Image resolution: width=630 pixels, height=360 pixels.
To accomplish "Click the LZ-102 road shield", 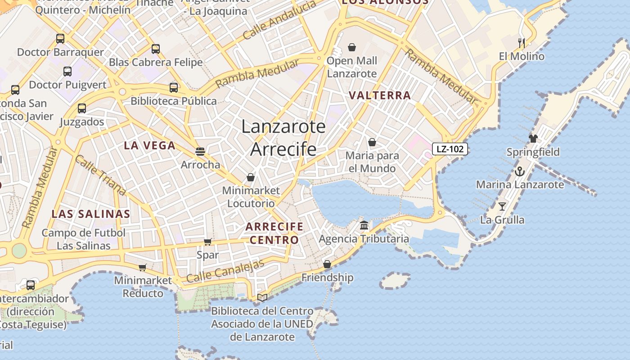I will click(x=450, y=149).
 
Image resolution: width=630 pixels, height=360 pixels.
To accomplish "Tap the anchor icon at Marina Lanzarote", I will click(x=520, y=171).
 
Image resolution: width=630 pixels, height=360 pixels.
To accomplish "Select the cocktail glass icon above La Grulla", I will click(x=502, y=207).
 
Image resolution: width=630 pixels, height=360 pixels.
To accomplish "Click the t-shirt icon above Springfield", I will click(x=533, y=139).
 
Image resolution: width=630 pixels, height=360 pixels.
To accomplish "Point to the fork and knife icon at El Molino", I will click(x=522, y=43).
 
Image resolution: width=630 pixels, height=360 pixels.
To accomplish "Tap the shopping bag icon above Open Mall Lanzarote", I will click(x=352, y=47).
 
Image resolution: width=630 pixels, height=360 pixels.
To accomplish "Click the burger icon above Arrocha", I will click(x=200, y=152).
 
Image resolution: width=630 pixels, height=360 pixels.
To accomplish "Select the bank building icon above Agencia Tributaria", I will click(x=364, y=225).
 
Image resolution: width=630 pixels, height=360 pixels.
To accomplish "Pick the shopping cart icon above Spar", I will click(x=207, y=242).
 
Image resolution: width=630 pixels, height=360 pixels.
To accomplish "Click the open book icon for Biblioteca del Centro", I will click(x=262, y=297).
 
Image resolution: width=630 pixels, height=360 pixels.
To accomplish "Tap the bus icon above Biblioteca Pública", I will click(x=174, y=88).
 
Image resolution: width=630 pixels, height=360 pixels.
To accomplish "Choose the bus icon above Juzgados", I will click(x=81, y=108).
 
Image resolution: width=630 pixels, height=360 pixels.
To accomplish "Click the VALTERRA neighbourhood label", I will click(x=380, y=95).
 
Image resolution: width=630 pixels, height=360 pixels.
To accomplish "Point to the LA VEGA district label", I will click(x=149, y=145).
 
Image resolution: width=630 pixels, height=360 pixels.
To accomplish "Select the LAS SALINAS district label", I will click(x=91, y=214).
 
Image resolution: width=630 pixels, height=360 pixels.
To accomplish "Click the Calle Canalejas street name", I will click(x=225, y=271).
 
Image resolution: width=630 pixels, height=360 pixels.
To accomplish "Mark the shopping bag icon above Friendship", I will click(x=327, y=264).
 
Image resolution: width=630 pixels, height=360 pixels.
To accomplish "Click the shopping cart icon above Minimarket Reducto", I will click(x=143, y=268).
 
